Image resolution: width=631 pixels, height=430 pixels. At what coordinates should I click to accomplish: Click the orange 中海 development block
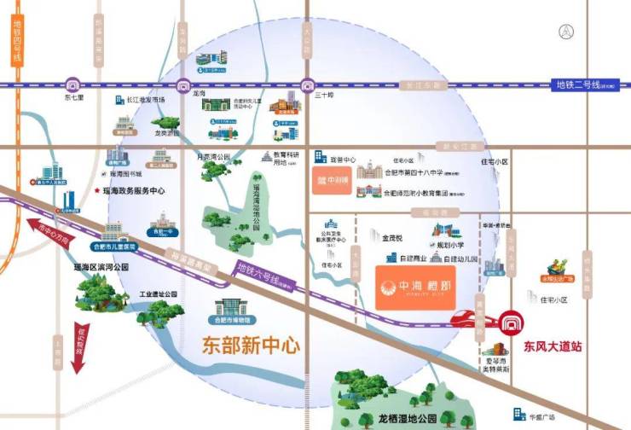tap(417, 288)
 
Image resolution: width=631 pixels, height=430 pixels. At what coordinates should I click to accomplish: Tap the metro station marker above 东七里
tap(72, 84)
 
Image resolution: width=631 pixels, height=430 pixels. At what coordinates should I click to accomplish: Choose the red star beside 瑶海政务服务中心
tap(98, 191)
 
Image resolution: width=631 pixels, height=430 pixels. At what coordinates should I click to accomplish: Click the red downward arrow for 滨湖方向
tap(78, 349)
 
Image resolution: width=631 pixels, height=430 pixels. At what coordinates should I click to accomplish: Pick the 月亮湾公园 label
tap(213, 157)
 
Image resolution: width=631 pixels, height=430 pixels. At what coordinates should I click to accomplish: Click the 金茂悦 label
tap(393, 238)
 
